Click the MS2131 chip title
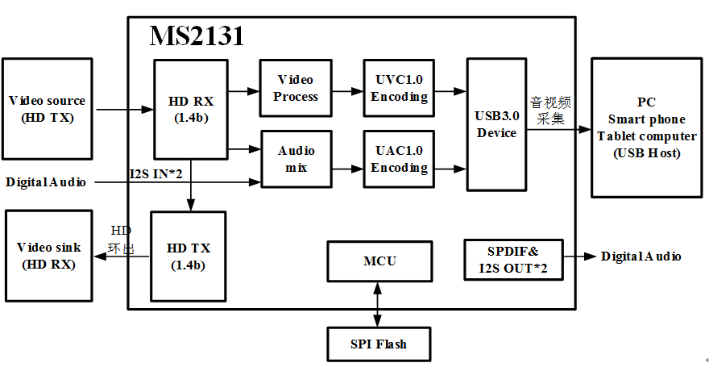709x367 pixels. pos(197,36)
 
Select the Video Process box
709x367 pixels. pos(295,88)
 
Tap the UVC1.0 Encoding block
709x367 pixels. pos(399,88)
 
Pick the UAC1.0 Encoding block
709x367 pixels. pos(399,159)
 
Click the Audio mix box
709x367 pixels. pos(296,159)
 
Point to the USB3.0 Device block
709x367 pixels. pos(496,124)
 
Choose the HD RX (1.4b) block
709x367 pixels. pos(190,110)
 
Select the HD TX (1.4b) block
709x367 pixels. pos(188,256)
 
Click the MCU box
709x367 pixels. pos(379,261)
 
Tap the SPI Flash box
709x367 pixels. pos(378,344)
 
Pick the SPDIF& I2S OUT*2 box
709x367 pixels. pos(513,260)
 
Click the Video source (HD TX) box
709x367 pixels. pos(47,109)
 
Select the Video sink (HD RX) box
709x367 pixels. pos(49,256)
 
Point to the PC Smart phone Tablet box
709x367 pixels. pos(647,127)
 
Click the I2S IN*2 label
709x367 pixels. pos(155,173)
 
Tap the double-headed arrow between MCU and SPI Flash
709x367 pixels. pos(376,304)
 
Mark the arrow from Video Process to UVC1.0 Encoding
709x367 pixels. pos(347,91)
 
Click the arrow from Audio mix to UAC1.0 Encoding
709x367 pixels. pos(348,169)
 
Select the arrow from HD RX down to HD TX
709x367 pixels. pos(191,186)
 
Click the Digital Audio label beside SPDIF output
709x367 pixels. pos(641,256)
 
